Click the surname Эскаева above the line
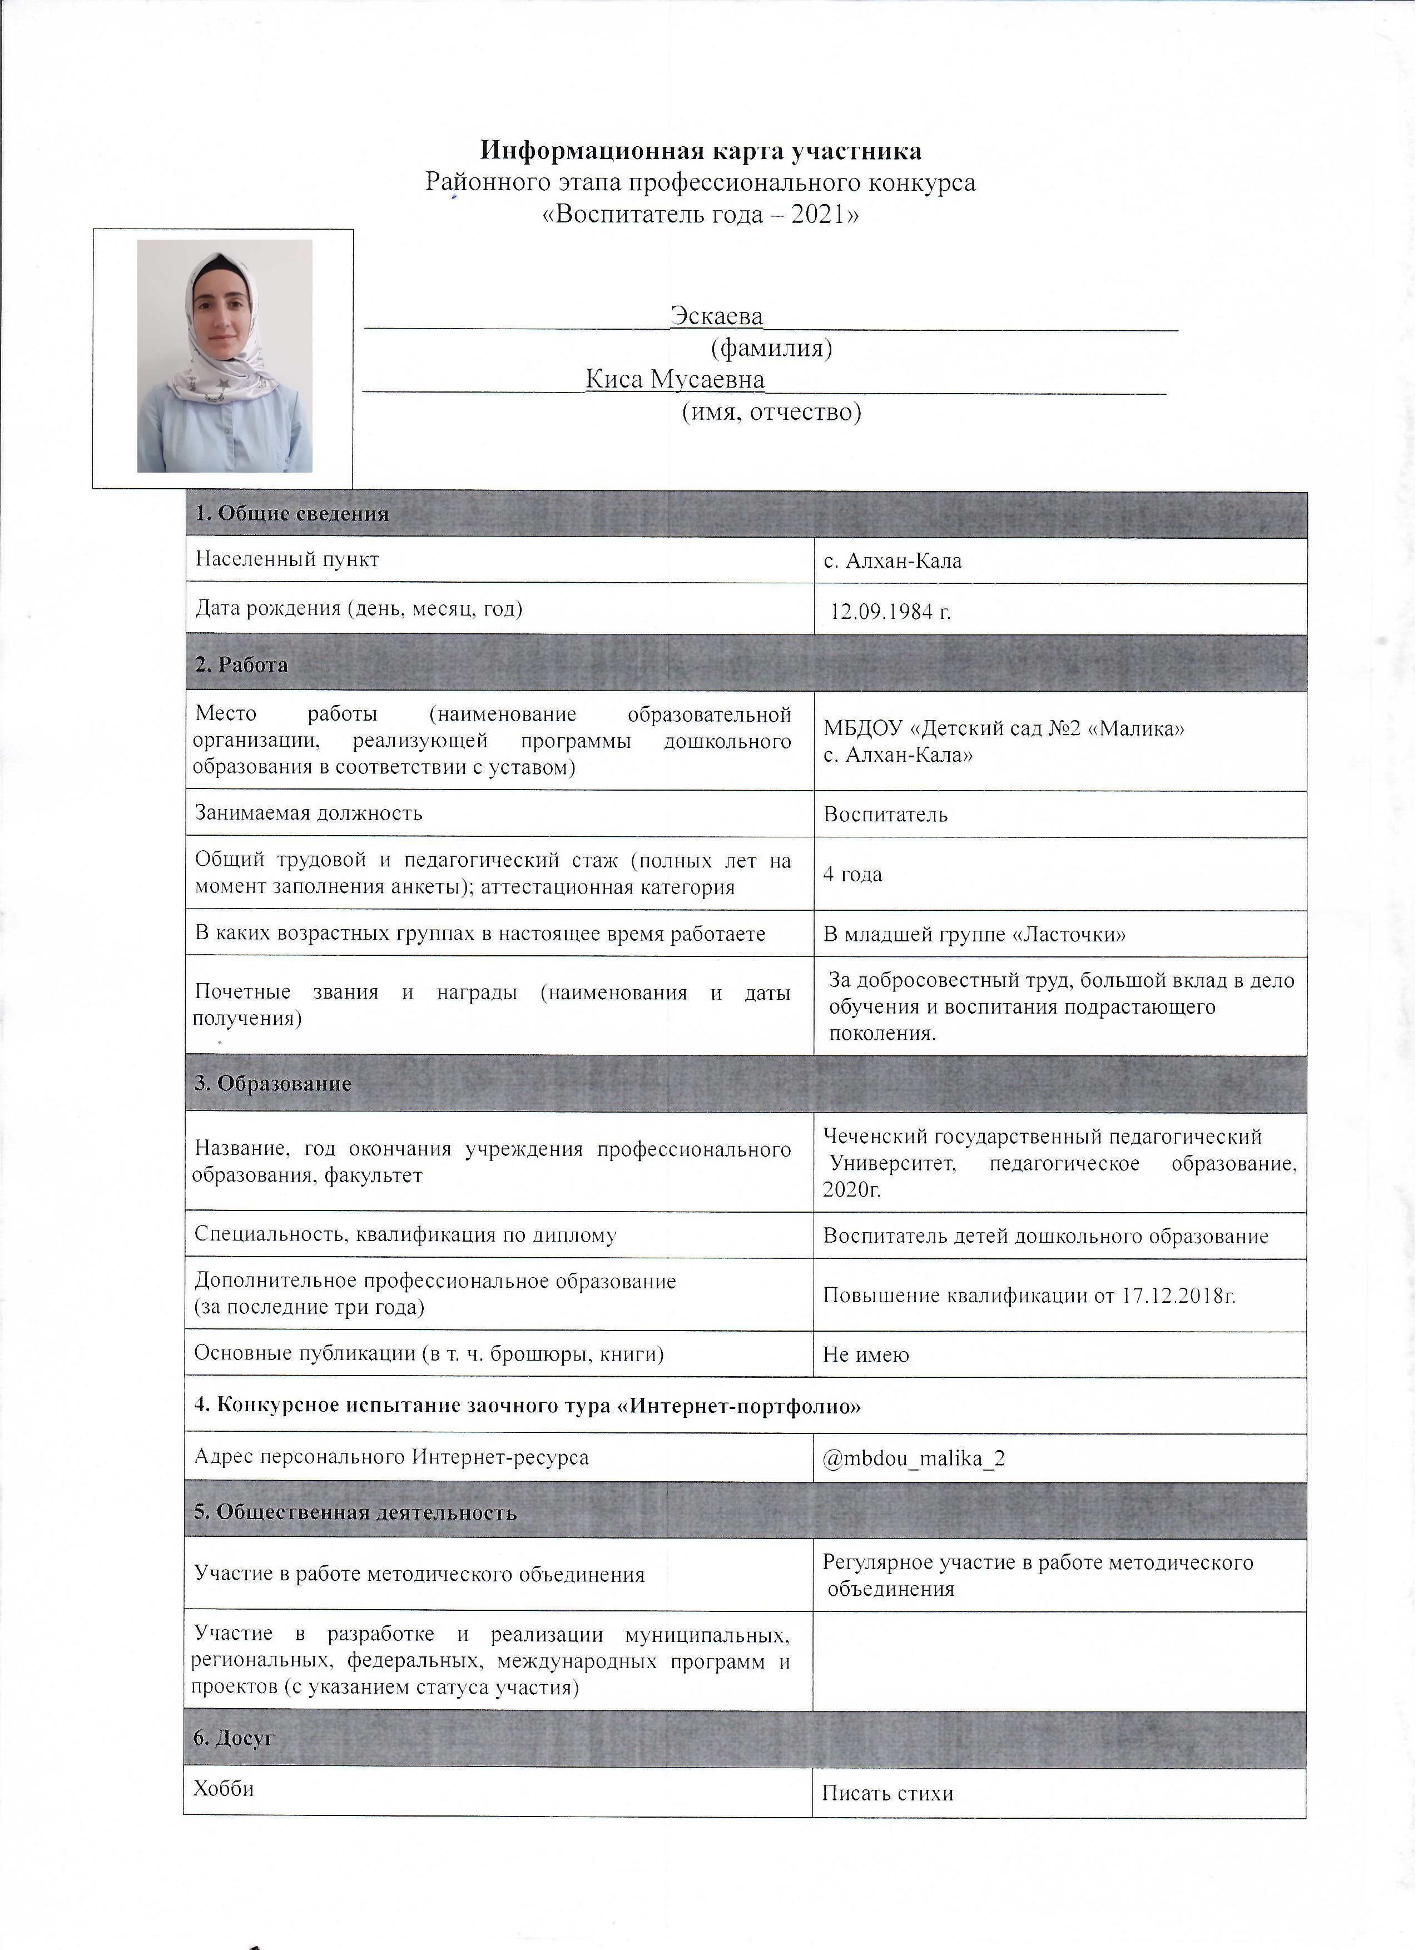tap(717, 316)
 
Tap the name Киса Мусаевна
tap(676, 380)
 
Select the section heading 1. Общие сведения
tap(292, 515)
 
